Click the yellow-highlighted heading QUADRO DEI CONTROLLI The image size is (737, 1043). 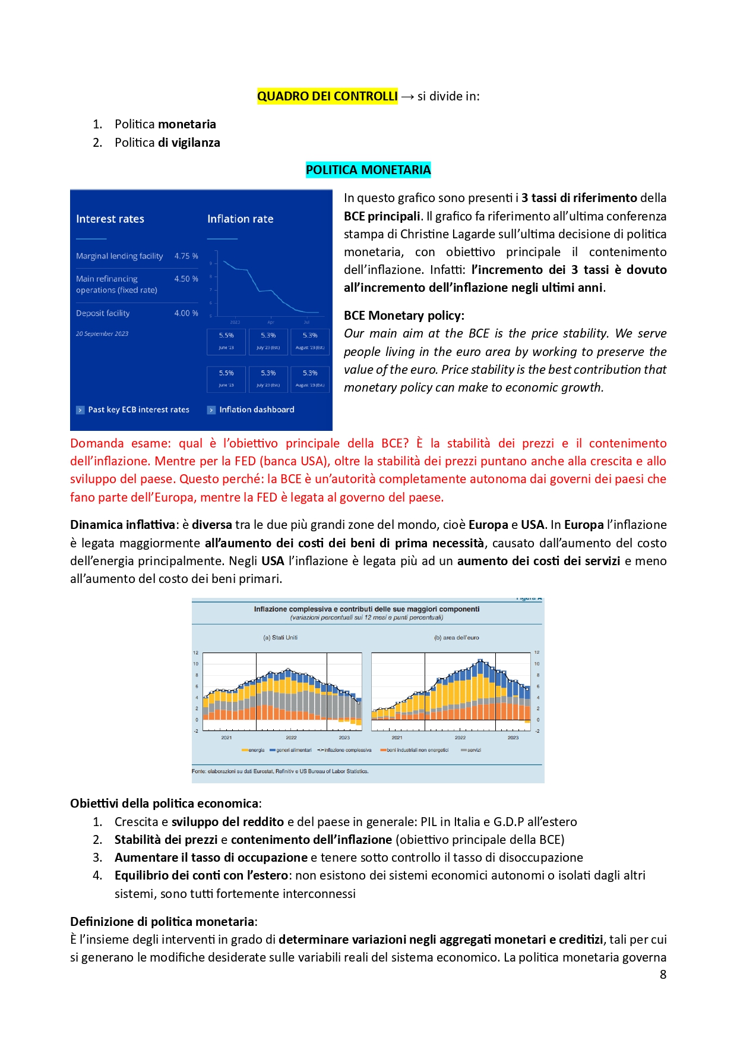pos(327,96)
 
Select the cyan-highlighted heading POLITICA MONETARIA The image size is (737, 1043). pos(368,170)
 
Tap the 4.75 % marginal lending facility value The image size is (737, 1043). pos(186,256)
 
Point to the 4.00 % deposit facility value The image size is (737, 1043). pos(186,313)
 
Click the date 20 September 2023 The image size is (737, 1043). pos(102,334)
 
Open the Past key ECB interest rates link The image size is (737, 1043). pos(138,409)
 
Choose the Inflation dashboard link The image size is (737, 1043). pos(257,409)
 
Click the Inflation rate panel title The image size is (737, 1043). pos(240,219)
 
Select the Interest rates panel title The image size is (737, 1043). pos(110,219)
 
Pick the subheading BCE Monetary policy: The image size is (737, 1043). pos(404,316)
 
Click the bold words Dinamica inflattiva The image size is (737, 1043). pos(122,525)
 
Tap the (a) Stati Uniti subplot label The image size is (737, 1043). pos(280,638)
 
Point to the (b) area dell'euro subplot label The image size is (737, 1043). pos(456,638)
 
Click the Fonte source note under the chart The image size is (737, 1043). pos(280,771)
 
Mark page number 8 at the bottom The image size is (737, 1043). pos(663,975)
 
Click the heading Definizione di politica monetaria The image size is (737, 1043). pos(162,922)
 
